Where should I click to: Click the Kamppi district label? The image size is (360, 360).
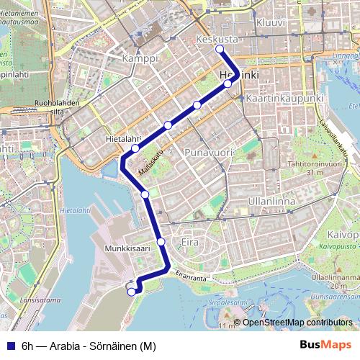(x=140, y=58)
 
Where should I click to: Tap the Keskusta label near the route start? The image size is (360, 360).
(x=217, y=39)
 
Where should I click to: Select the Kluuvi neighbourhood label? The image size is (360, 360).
(x=270, y=22)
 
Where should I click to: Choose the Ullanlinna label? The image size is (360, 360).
(x=271, y=202)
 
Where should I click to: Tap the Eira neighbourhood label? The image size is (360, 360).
(x=190, y=241)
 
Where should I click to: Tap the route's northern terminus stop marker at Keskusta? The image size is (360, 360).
(x=220, y=50)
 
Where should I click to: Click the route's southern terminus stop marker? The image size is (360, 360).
(x=131, y=292)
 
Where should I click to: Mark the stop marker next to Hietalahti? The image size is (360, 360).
(x=135, y=149)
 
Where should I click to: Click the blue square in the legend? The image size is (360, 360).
(x=9, y=346)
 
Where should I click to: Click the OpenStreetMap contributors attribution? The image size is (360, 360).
(x=297, y=322)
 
